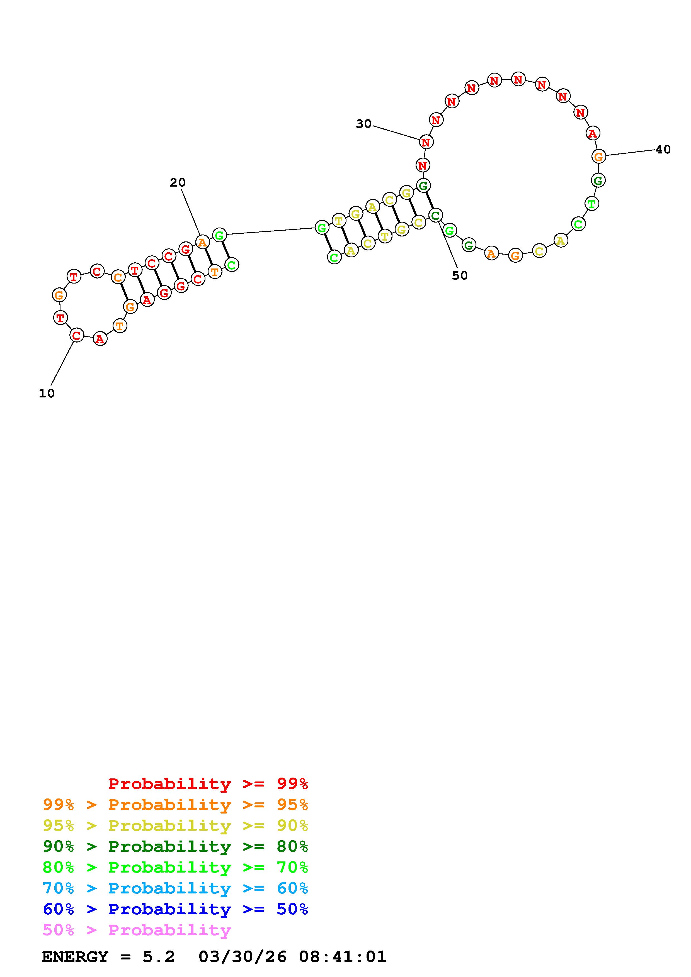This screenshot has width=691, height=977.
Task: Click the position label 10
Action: click(47, 394)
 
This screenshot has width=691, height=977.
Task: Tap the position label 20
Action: click(178, 182)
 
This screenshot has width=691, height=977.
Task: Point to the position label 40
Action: click(663, 149)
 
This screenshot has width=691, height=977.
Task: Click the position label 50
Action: click(460, 276)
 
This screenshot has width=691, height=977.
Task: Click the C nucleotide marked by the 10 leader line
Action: click(77, 335)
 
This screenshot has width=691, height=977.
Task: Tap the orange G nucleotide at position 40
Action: click(599, 157)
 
